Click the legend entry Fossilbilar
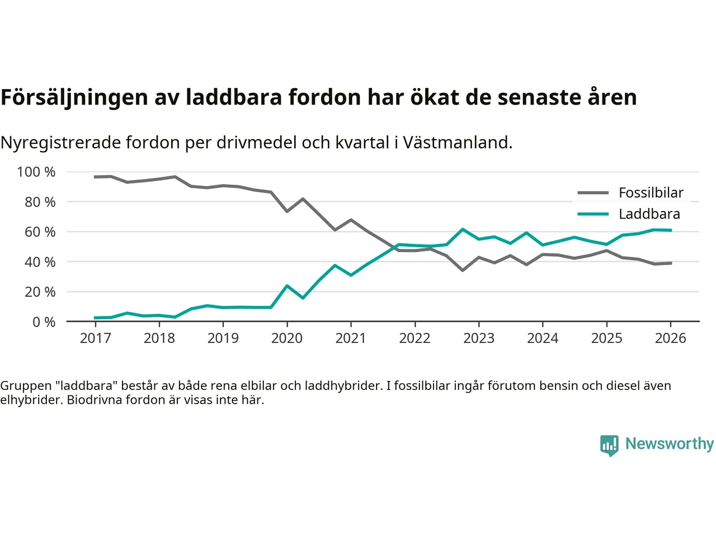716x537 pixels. [651, 193]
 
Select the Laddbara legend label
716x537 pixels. [649, 214]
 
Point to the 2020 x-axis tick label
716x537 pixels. [287, 338]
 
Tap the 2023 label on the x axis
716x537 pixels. [479, 338]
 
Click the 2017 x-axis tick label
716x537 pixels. [96, 338]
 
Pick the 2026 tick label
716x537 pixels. [670, 338]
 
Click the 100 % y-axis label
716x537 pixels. [36, 172]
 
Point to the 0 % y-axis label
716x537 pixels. [44, 322]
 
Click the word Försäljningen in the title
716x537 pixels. [74, 97]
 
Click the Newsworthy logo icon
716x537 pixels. [609, 445]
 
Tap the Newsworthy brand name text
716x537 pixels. [669, 444]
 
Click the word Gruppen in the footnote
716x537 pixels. [25, 385]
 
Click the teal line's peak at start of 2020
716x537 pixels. [287, 286]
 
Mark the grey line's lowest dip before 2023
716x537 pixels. [463, 270]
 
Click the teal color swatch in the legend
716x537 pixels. [593, 214]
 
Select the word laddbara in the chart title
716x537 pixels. [234, 97]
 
